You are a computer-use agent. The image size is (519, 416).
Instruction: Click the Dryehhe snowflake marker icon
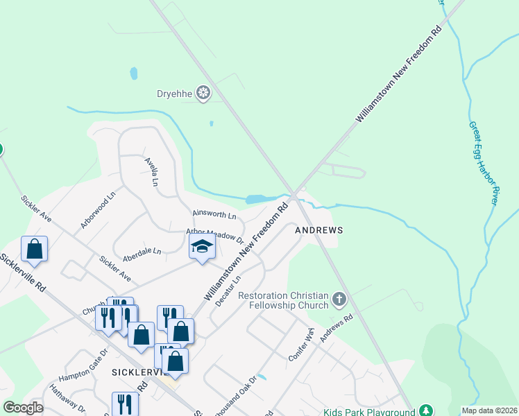pyautogui.click(x=203, y=93)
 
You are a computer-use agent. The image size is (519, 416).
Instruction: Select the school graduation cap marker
pyautogui.click(x=202, y=247)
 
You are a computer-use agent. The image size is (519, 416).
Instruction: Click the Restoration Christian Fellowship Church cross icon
pyautogui.click(x=339, y=300)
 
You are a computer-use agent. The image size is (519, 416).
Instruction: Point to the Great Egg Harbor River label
pyautogui.click(x=484, y=163)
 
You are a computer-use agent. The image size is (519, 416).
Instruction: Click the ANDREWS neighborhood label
pyautogui.click(x=319, y=229)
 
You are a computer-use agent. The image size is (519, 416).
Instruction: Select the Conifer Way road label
pyautogui.click(x=301, y=344)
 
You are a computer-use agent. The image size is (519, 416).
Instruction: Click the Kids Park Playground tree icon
pyautogui.click(x=427, y=412)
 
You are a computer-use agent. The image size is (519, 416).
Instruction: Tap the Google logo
pyautogui.click(x=24, y=408)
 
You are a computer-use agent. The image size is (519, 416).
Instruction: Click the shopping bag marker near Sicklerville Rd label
pyautogui.click(x=35, y=248)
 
